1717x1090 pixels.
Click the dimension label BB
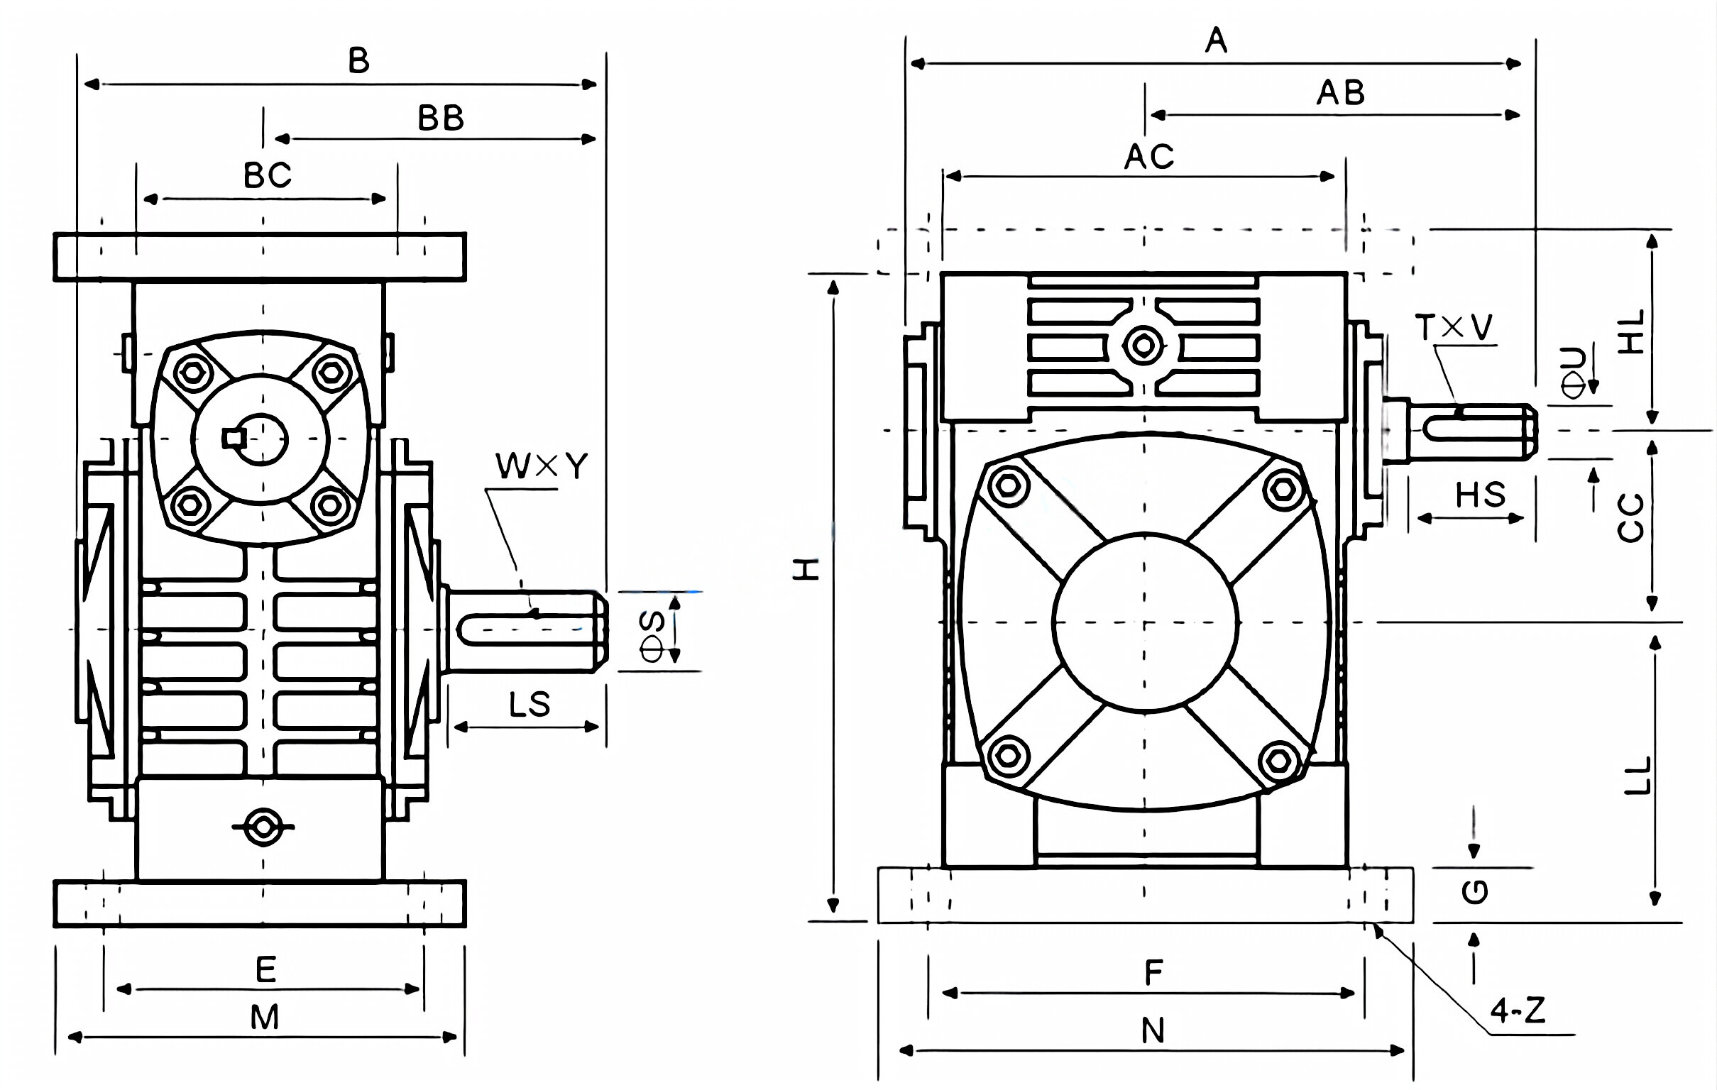(x=440, y=119)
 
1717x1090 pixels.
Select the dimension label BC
(x=268, y=175)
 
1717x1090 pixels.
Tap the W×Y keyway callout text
(x=542, y=467)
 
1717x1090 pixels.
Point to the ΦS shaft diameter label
(x=652, y=636)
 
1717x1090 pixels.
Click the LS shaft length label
(x=529, y=705)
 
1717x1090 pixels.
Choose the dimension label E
(x=265, y=970)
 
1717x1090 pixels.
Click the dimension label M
(x=264, y=1018)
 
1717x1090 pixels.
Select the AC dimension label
(x=1148, y=157)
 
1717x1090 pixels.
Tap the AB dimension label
(x=1340, y=94)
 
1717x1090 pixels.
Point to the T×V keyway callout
(x=1453, y=327)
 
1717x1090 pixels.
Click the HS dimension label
(x=1480, y=495)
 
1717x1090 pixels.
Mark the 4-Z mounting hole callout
(x=1518, y=1011)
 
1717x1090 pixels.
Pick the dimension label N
(x=1153, y=1031)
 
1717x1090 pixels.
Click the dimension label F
(x=1153, y=973)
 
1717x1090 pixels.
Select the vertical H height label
(x=806, y=569)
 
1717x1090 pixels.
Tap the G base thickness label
(x=1474, y=892)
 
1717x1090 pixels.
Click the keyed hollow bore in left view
(x=260, y=439)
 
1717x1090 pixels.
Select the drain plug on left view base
(x=263, y=827)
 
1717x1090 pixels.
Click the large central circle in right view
(x=1144, y=622)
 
